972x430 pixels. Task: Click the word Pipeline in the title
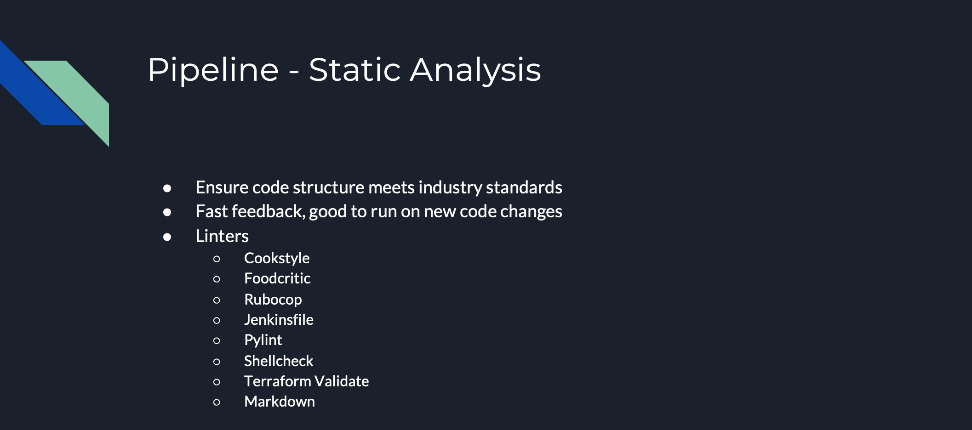(213, 70)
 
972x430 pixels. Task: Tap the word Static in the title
(354, 70)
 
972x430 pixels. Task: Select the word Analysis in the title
(475, 71)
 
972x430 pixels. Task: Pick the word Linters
(222, 236)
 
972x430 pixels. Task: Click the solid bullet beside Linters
(167, 237)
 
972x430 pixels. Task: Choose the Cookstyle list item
(277, 259)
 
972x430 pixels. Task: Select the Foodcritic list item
(277, 278)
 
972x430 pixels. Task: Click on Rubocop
(273, 300)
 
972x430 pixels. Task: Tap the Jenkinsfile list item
(279, 320)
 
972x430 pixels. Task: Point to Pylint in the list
(263, 340)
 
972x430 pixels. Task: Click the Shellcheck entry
(279, 361)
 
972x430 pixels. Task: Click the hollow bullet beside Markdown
(217, 402)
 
